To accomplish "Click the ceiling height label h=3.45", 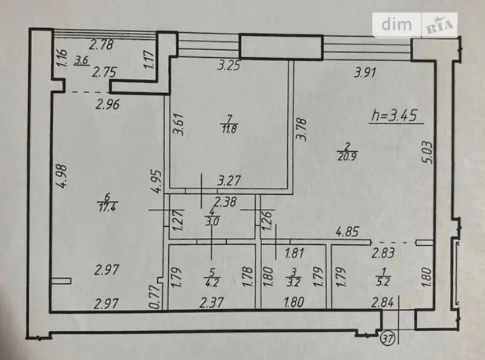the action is [x=394, y=116].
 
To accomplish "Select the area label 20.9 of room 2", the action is [x=347, y=157].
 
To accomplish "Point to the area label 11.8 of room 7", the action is [x=229, y=129].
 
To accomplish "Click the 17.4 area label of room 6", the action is [x=107, y=207].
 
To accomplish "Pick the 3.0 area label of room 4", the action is [x=212, y=221].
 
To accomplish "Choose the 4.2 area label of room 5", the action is [x=212, y=283].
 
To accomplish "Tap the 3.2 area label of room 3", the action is [x=293, y=283].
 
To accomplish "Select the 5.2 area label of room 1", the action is [x=383, y=282].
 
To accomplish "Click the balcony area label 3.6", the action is [x=82, y=61].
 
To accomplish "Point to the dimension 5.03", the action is [x=426, y=153].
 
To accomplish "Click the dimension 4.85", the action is [x=348, y=232].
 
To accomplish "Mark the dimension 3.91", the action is [x=365, y=73].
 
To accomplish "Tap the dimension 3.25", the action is [x=229, y=65].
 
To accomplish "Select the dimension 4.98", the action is [x=62, y=176].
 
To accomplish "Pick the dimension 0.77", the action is [x=154, y=297].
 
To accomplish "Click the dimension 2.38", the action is [x=225, y=203].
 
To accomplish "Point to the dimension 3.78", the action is [x=302, y=129].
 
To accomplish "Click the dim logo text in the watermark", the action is [x=397, y=23].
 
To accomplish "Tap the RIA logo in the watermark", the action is [x=439, y=25].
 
